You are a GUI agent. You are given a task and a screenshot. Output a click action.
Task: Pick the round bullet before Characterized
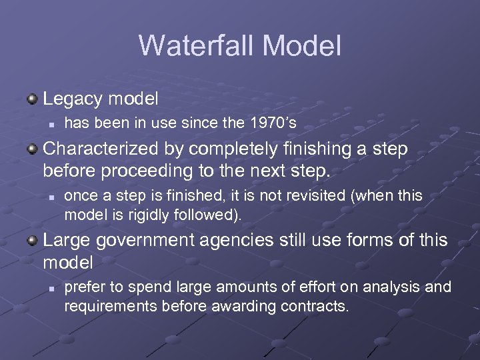(31, 149)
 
